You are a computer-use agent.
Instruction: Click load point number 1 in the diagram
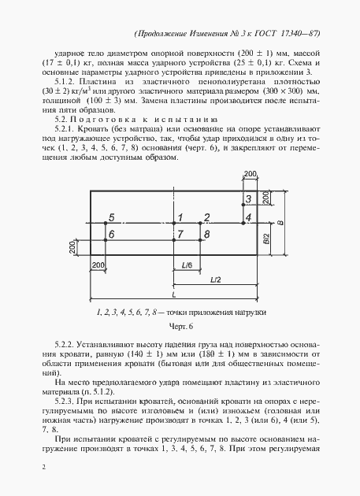[180, 217]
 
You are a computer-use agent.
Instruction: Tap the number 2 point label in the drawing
[206, 217]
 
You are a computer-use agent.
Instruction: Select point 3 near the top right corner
[248, 199]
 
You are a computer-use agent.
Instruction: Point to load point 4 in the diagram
[248, 217]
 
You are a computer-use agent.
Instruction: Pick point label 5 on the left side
[112, 217]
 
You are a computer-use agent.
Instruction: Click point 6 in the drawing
[112, 235]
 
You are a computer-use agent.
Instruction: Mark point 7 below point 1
[180, 235]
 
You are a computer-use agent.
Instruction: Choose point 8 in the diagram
[206, 235]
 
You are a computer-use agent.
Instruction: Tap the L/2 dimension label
[215, 279]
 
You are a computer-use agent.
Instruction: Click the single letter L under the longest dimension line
[173, 293]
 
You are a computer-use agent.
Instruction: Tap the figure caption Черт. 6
[180, 327]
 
